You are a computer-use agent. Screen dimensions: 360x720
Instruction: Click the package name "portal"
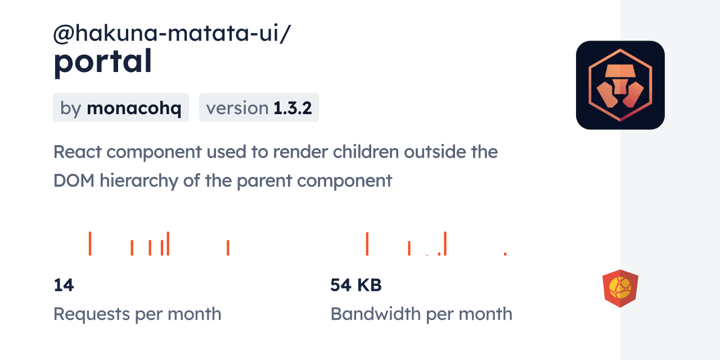pos(102,62)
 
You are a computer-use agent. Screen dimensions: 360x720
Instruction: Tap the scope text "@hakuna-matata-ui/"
pos(172,34)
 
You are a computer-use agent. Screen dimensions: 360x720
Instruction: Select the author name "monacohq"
pos(134,108)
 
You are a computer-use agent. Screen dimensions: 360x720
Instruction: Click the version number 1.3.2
pos(292,108)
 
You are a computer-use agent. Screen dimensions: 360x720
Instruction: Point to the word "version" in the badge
pos(237,108)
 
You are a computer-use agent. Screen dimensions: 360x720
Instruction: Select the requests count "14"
pos(64,285)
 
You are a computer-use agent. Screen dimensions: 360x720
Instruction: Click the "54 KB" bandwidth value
pos(356,285)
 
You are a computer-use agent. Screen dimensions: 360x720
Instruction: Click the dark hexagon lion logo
pos(620,85)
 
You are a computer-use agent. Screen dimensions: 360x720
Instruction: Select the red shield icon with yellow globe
pos(620,288)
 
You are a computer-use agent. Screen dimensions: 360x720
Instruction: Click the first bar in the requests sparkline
pos(90,244)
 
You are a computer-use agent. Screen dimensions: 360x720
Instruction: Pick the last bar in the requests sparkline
pos(228,247)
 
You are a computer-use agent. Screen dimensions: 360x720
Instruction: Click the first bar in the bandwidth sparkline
pos(367,244)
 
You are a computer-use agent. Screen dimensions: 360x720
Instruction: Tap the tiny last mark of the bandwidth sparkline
pos(505,254)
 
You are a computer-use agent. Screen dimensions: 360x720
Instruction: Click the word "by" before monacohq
pos(71,108)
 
